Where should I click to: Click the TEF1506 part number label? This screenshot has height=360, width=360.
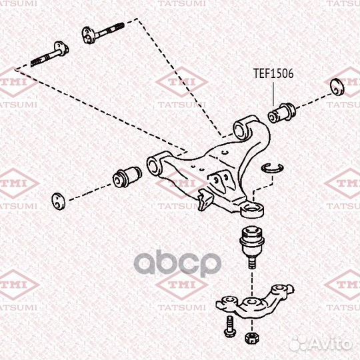coord(273,74)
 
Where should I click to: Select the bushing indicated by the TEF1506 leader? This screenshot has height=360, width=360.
coord(282,113)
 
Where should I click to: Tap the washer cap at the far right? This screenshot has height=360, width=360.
coord(337,87)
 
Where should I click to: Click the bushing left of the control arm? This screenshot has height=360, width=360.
coord(127,177)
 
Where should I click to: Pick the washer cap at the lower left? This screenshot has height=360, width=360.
coord(58,201)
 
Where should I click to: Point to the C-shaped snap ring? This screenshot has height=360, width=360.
coord(273,168)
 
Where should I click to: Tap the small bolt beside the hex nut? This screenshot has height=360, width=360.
coord(229,327)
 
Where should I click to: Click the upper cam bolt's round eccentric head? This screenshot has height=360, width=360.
coord(89,35)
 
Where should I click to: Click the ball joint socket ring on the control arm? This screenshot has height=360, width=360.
coord(252,209)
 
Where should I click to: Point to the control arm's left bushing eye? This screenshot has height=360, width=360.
coord(153,165)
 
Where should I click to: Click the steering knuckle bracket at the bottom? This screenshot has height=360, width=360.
coord(254,301)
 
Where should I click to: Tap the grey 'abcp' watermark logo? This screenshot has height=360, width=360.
coord(177,263)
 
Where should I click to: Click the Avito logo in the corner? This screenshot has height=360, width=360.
coord(321,343)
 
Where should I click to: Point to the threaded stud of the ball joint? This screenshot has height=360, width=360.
coord(252,261)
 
